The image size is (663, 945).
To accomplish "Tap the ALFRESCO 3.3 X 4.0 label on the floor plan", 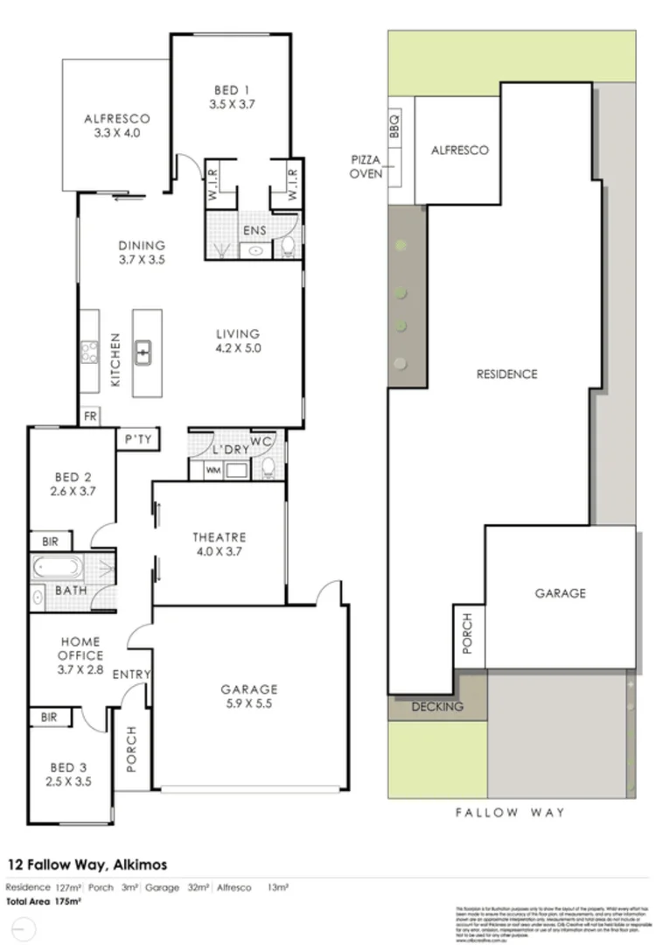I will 117,126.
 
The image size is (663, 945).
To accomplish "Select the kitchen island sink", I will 143,353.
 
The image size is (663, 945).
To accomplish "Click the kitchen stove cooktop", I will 89,352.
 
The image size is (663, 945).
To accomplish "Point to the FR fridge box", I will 89,416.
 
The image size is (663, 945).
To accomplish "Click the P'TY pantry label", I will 139,439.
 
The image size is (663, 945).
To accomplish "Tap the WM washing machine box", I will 213,470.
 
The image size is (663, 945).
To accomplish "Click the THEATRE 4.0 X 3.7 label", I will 219,544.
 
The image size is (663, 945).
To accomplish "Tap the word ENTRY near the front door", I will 132,674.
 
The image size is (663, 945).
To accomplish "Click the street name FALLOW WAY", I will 510,812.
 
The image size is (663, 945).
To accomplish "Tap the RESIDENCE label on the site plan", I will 506,374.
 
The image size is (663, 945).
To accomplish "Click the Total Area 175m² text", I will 44,900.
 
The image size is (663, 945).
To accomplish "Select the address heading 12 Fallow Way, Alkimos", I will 87,864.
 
